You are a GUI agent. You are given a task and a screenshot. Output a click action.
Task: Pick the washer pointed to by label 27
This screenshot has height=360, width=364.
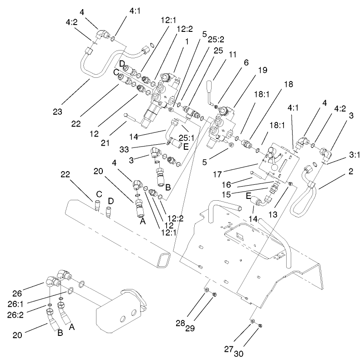coord(252,322)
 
